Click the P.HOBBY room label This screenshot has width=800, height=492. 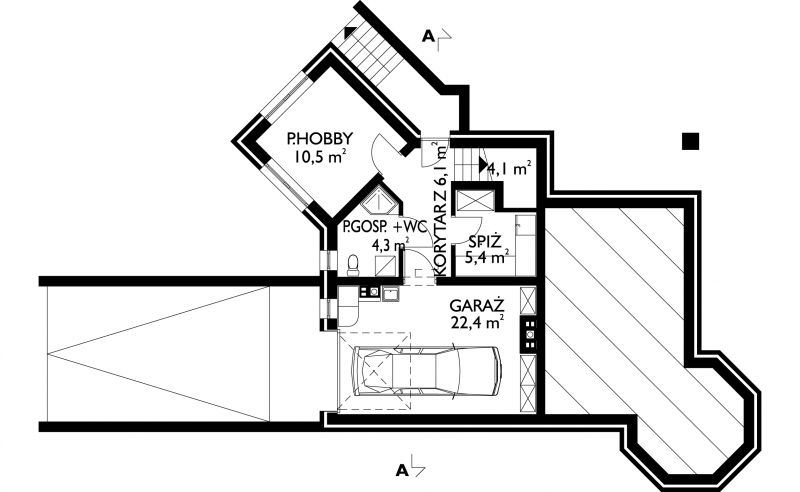tap(320, 138)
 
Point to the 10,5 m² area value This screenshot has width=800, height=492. tap(320, 156)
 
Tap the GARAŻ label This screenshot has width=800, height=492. tap(477, 306)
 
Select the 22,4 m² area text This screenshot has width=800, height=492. tap(478, 322)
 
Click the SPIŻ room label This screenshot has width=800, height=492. tap(486, 240)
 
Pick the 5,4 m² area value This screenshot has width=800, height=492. tap(487, 257)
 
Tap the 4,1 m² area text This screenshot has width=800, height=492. tap(510, 168)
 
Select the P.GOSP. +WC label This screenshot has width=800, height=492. tap(384, 227)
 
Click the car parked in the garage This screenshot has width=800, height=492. tap(427, 371)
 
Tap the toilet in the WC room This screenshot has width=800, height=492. tap(352, 265)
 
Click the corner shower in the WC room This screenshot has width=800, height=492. tap(380, 200)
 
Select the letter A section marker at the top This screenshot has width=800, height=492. tap(429, 36)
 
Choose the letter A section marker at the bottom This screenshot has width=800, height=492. tap(402, 470)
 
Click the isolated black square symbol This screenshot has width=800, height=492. tap(690, 141)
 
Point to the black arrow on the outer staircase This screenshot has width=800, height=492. tap(350, 32)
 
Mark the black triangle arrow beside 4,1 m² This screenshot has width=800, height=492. tap(483, 165)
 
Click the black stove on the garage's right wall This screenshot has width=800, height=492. tap(529, 335)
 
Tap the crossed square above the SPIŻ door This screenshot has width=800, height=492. tap(474, 200)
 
